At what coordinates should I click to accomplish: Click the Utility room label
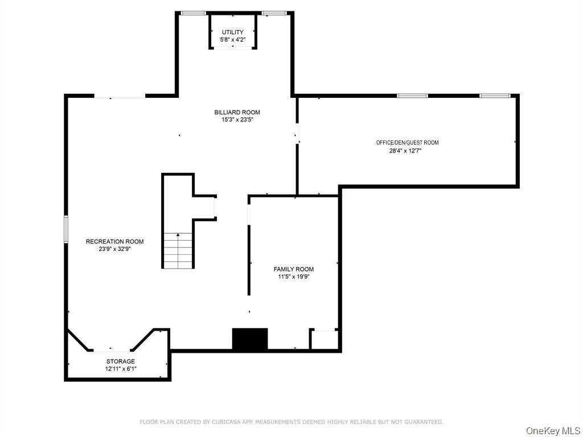(x=233, y=32)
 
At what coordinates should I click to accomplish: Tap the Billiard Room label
(x=237, y=112)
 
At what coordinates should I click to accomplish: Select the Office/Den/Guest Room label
(x=408, y=143)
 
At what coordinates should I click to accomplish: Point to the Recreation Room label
(x=114, y=241)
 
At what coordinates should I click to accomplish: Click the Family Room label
(x=294, y=269)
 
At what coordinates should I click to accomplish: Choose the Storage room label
(x=121, y=361)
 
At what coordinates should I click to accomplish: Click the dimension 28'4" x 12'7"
(x=405, y=151)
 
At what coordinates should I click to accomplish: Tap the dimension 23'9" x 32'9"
(x=114, y=249)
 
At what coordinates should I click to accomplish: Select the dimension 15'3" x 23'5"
(x=237, y=119)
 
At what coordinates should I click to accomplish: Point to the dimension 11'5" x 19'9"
(x=294, y=277)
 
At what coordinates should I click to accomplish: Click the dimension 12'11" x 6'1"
(x=121, y=369)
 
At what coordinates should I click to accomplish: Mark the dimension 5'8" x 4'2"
(x=233, y=40)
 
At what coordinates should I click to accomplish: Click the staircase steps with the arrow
(x=178, y=250)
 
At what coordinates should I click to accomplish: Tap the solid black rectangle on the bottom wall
(x=250, y=339)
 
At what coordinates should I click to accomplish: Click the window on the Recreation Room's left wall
(x=66, y=229)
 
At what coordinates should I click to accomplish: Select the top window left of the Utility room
(x=194, y=14)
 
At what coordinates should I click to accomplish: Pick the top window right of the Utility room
(x=274, y=14)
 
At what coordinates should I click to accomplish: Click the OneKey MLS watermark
(x=553, y=431)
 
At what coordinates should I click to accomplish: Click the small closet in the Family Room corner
(x=324, y=339)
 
